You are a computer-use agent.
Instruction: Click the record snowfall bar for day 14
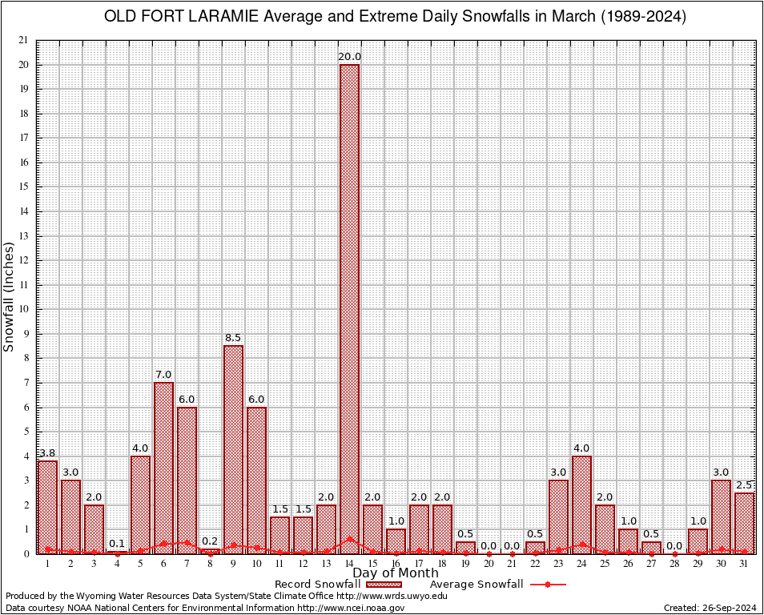coord(349,308)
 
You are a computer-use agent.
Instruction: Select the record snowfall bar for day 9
coord(233,448)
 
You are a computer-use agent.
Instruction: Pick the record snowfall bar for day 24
coord(581,504)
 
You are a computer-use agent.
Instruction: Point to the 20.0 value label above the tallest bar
coord(349,57)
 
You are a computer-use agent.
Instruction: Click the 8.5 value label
coord(233,338)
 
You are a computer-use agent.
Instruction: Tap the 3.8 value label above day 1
coord(47,453)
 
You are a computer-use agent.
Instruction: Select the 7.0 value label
coord(163,375)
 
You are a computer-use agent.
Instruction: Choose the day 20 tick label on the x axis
coord(489,565)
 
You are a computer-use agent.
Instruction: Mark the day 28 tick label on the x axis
coord(674,565)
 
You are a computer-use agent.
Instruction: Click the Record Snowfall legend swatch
coord(380,585)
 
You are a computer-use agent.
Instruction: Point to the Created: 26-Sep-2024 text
coord(710,608)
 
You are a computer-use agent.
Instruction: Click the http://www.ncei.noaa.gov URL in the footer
coord(351,608)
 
